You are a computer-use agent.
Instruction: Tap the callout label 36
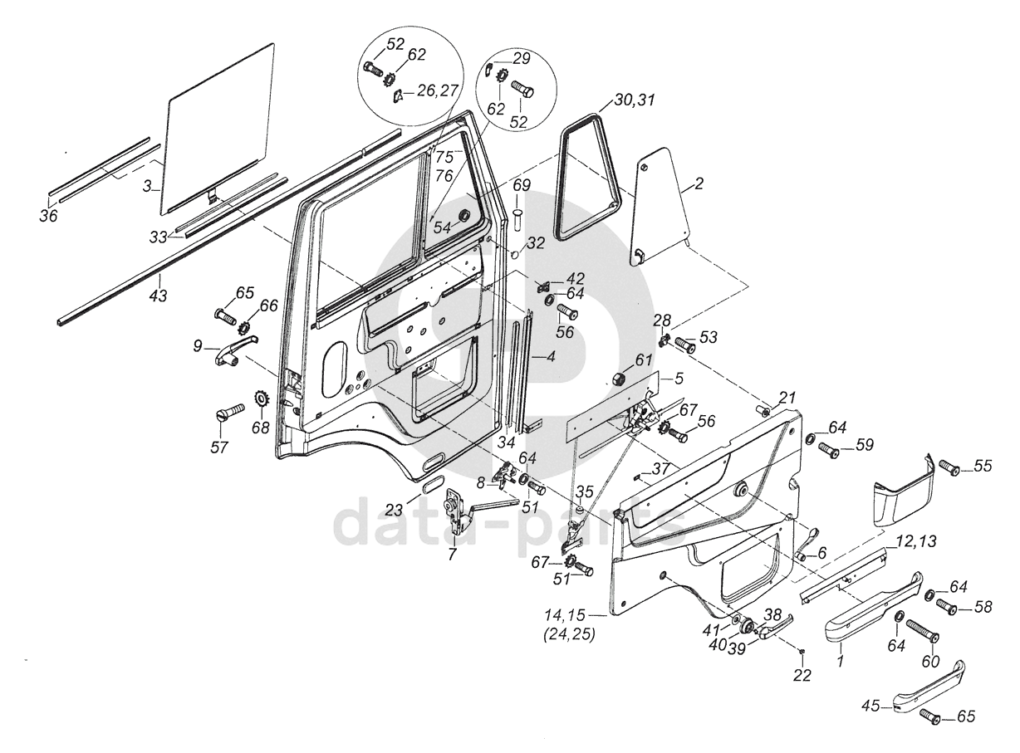tap(48, 216)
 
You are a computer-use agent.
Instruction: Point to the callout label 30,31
tap(635, 100)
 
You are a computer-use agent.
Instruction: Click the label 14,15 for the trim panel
tap(564, 615)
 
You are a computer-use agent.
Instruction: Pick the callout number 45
tap(870, 707)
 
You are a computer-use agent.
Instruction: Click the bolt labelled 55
tap(949, 468)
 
